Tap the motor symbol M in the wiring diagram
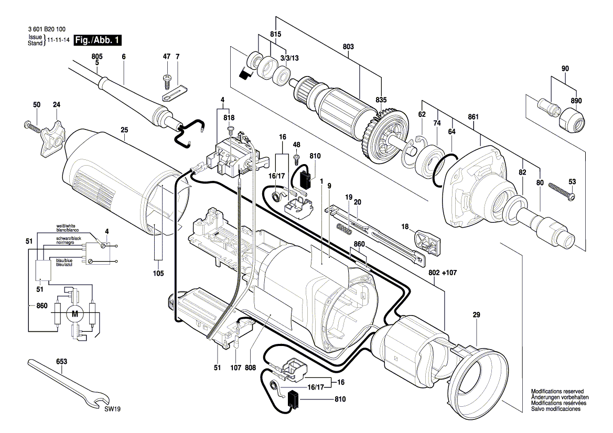74,314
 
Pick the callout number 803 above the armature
349,47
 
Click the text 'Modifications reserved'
555,392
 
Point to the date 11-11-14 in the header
59,40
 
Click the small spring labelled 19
342,229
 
